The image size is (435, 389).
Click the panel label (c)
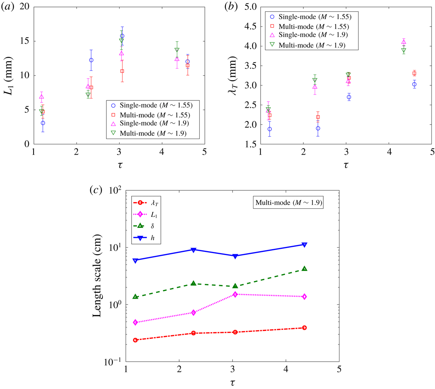[x=95, y=190]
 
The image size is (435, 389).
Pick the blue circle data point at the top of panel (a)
[x=122, y=36]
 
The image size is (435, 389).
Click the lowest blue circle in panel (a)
[x=43, y=123]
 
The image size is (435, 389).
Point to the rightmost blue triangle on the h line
[x=305, y=245]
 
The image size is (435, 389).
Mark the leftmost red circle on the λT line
[x=136, y=340]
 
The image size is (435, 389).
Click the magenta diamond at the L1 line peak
[x=235, y=294]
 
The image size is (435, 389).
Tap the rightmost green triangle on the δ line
[x=305, y=269]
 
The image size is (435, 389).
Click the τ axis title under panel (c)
[x=232, y=382]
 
